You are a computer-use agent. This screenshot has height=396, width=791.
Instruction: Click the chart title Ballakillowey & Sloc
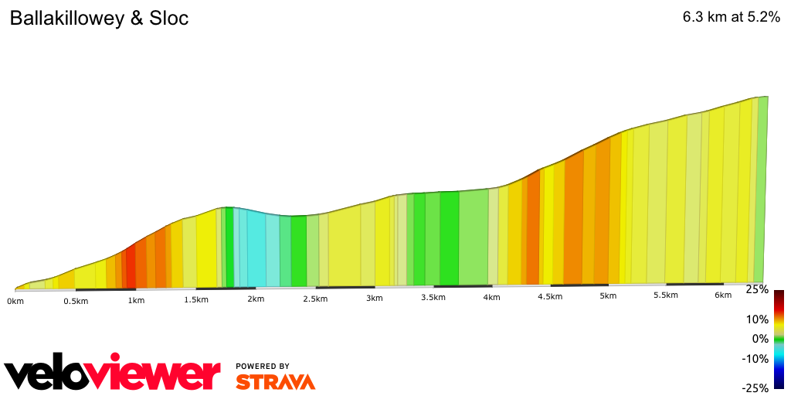pos(99,19)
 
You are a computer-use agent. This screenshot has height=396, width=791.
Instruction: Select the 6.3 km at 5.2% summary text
pos(731,19)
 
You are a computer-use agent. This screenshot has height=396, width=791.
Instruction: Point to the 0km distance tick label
pos(15,300)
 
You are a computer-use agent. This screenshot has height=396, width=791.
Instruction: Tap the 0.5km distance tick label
pos(76,301)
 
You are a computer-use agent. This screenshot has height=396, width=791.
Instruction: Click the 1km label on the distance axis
pos(136,300)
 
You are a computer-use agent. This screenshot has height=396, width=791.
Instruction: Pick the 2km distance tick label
pos(256,299)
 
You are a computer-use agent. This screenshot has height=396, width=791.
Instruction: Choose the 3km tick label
pos(375,299)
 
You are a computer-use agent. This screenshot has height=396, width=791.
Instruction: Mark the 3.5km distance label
pos(433,298)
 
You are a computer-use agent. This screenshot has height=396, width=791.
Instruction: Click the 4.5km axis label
pos(550,297)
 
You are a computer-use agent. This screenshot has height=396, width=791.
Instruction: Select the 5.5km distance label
pos(666,295)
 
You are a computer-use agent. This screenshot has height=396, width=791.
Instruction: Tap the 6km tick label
pos(723,295)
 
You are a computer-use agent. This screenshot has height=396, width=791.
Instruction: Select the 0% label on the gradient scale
pos(760,339)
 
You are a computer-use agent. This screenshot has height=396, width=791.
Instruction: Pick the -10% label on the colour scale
pos(755,358)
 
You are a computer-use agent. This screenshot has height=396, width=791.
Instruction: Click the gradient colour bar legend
pos(779,339)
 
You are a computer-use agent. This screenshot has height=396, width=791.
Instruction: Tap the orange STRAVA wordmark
pos(275,381)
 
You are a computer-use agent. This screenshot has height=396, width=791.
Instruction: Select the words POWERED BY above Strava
pos(263,366)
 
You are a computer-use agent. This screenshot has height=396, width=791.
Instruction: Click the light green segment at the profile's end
pos(762,189)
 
